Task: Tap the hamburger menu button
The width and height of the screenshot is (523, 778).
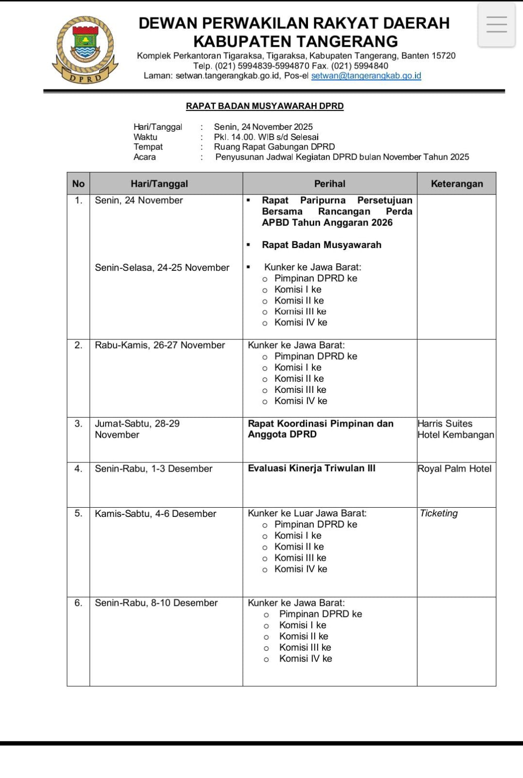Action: pos(496,25)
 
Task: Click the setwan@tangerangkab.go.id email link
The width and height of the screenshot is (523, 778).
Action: pos(366,76)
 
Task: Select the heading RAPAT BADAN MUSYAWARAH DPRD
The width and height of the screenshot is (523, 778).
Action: pos(265,106)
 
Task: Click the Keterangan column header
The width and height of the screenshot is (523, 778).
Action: pos(456,184)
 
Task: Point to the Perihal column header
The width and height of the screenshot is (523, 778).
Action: pos(329,184)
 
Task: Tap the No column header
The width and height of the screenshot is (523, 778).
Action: pos(78,184)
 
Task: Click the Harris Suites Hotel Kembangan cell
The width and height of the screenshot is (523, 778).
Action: pos(455,429)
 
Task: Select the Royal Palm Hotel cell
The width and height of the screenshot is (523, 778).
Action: pos(454,469)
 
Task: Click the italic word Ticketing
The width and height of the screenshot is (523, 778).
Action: pos(438,513)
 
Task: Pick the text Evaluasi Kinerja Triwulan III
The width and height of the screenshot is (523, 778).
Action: pos(311,468)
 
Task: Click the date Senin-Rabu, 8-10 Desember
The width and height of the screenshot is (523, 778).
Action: pos(156,603)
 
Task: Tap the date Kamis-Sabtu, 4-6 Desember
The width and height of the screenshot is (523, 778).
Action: pos(155,514)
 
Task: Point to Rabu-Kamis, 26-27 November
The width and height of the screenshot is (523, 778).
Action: pos(160,345)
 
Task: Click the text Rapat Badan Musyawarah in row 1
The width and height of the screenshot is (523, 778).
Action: pos(321,245)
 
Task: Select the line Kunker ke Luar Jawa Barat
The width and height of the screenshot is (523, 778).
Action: pos(307,513)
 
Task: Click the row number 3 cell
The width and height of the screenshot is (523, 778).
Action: pos(78,424)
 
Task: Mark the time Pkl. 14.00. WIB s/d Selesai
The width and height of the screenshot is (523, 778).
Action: pos(266,137)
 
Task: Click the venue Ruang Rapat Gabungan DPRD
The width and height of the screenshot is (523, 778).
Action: pos(274,147)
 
